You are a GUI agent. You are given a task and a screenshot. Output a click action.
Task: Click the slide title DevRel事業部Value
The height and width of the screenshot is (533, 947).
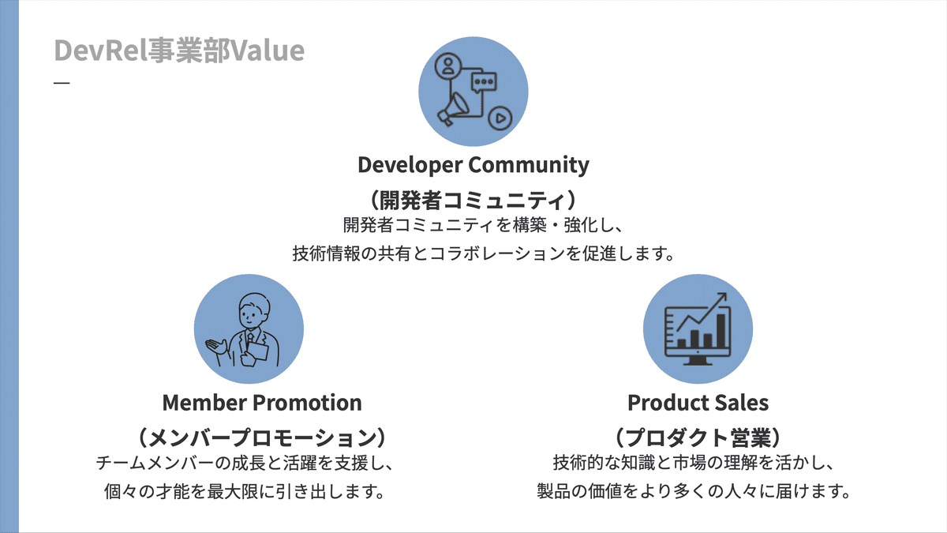pyautogui.click(x=179, y=51)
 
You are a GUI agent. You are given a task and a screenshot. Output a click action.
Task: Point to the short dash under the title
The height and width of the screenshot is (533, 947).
pyautogui.click(x=62, y=83)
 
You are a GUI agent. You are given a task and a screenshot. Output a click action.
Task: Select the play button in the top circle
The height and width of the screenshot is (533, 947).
pyautogui.click(x=499, y=118)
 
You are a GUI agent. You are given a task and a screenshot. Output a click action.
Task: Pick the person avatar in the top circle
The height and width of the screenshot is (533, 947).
pyautogui.click(x=449, y=66)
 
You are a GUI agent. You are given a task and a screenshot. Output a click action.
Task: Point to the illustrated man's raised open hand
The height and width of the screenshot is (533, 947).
pyautogui.click(x=215, y=347)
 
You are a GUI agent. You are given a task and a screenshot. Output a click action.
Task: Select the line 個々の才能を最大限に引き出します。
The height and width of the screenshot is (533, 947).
pyautogui.click(x=244, y=491)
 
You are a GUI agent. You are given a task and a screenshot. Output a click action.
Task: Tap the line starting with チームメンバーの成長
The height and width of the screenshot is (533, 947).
pyautogui.click(x=244, y=462)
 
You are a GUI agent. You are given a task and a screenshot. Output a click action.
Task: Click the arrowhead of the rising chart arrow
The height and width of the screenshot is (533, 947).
pyautogui.click(x=720, y=298)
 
